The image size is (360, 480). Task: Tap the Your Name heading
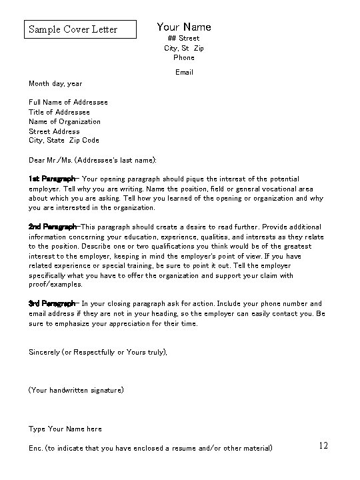click(x=183, y=27)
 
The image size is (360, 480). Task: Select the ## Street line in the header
click(x=183, y=39)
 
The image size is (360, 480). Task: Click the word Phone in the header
click(x=183, y=58)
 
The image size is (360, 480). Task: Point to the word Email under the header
click(x=184, y=72)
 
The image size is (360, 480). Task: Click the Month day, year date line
click(x=55, y=83)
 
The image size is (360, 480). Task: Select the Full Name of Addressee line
click(x=68, y=102)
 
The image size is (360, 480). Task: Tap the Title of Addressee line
click(x=59, y=112)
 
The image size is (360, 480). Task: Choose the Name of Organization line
click(x=65, y=121)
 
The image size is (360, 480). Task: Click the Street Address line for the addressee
click(x=54, y=131)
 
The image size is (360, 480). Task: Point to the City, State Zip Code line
click(x=64, y=141)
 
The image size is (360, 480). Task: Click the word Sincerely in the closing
click(x=44, y=351)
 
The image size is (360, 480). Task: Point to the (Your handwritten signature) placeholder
click(x=76, y=389)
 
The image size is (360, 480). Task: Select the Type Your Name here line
click(x=65, y=429)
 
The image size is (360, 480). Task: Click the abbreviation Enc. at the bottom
click(x=36, y=448)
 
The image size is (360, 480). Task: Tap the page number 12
click(x=323, y=445)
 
